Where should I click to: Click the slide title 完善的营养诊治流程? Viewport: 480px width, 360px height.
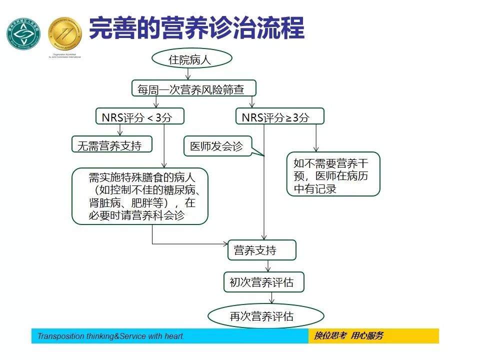(x=196, y=28)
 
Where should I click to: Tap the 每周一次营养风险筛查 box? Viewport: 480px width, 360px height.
(x=194, y=88)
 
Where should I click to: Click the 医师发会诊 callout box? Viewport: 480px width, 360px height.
(x=218, y=146)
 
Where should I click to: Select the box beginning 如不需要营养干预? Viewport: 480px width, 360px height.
(x=333, y=174)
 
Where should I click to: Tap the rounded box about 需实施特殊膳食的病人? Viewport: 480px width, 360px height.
(x=139, y=196)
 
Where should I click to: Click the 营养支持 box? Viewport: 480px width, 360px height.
(x=261, y=250)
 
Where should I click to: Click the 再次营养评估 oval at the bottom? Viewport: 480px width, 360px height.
(x=265, y=316)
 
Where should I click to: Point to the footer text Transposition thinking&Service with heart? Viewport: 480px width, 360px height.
(x=111, y=336)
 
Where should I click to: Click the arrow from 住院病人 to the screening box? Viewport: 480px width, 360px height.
(x=188, y=74)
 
